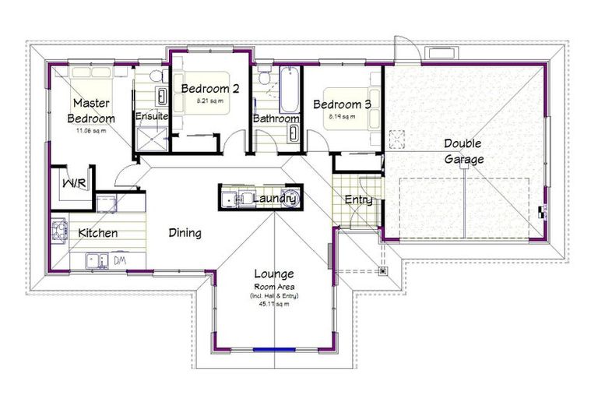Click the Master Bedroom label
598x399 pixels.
(93, 111)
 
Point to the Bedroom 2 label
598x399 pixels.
(209, 89)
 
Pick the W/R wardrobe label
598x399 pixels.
(74, 185)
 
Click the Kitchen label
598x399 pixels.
(97, 233)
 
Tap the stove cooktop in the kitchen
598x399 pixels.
(59, 231)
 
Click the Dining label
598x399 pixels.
(185, 233)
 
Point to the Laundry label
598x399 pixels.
(275, 199)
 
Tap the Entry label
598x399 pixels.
(358, 200)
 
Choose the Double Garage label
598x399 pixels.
(463, 151)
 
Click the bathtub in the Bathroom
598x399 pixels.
(287, 91)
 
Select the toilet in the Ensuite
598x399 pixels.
(157, 76)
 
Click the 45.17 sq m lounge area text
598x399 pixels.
(273, 304)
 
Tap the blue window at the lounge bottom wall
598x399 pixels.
(273, 348)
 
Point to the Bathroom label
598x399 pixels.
(276, 118)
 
